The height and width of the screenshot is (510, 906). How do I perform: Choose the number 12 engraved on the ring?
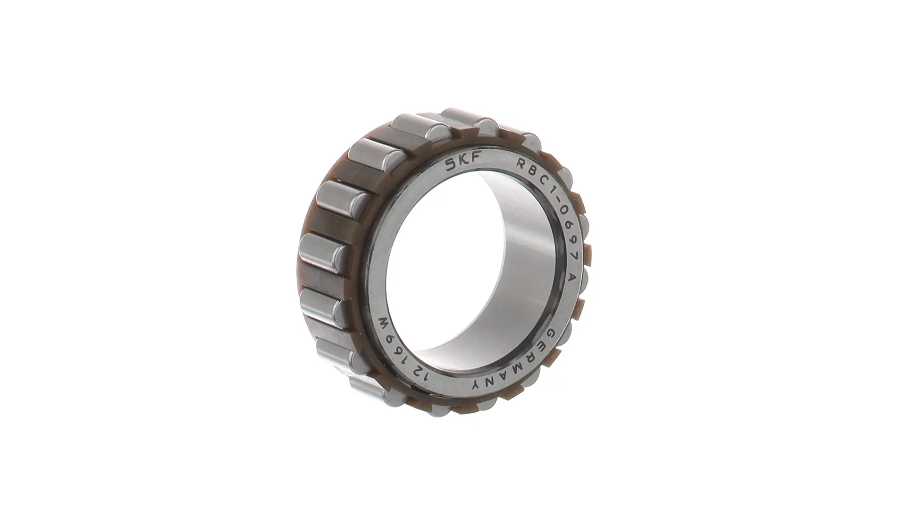421,375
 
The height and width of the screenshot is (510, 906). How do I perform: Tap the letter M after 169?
386,325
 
